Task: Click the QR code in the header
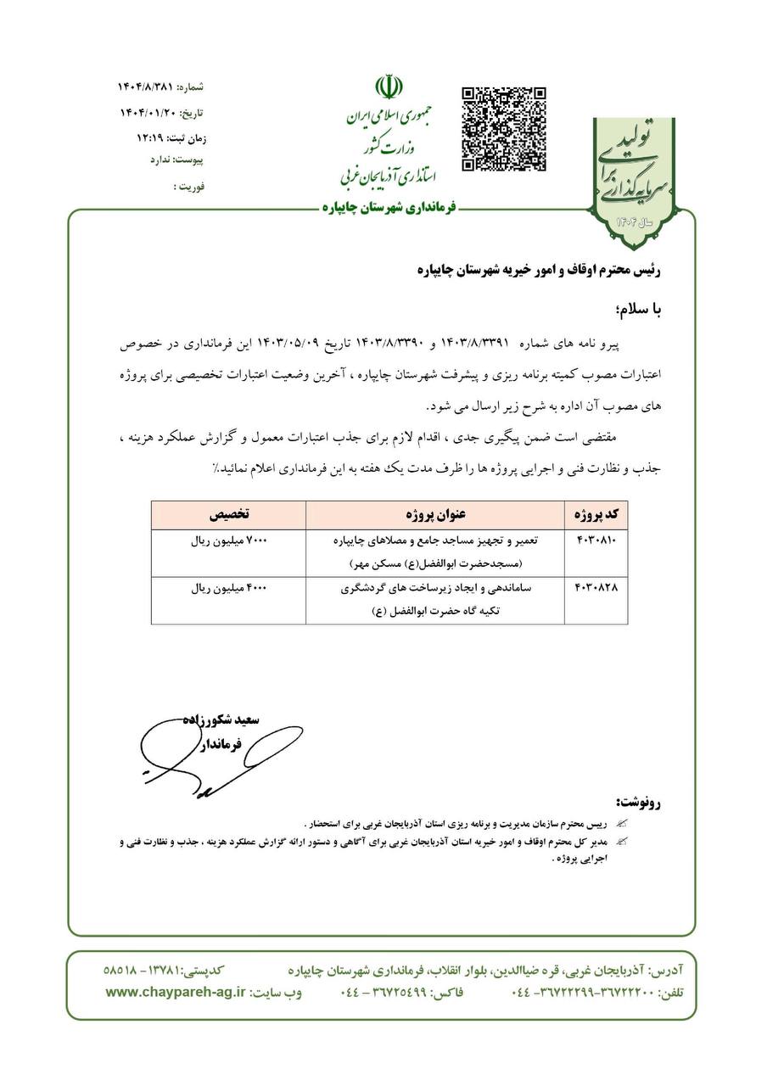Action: [503, 128]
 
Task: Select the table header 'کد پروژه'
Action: [596, 515]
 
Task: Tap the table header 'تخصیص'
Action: [229, 515]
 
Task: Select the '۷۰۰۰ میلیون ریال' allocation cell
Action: [229, 540]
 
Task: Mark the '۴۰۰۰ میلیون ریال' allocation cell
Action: [229, 588]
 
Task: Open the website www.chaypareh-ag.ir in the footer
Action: [175, 992]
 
